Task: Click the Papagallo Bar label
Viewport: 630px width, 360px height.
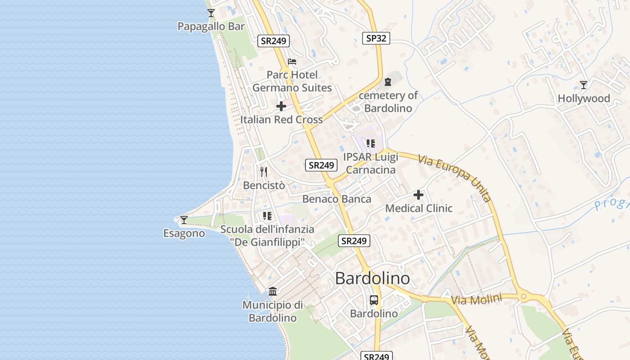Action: point(211,27)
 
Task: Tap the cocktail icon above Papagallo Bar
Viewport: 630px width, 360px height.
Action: point(211,13)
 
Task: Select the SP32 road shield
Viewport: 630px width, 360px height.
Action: point(376,38)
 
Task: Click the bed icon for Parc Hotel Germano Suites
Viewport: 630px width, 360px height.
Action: point(292,62)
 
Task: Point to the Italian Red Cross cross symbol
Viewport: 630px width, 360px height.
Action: point(281,106)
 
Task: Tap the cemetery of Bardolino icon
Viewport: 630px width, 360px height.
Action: point(388,82)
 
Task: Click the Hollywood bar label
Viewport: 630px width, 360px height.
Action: point(584,99)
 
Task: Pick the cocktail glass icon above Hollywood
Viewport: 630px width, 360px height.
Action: point(584,85)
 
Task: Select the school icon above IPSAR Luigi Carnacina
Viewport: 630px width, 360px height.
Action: point(370,144)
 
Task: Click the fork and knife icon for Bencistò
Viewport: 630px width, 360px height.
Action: point(264,171)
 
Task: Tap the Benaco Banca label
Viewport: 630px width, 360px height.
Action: point(337,199)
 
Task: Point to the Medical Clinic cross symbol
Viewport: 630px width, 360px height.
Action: point(418,195)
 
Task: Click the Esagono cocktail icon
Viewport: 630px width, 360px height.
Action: point(184,220)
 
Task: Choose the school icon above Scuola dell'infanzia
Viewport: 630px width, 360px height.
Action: point(267,216)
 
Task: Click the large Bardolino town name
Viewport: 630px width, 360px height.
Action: point(373,279)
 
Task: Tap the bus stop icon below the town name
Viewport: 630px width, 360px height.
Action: point(374,300)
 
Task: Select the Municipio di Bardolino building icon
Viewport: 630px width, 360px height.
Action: point(273,291)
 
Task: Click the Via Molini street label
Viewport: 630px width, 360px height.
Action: point(476,300)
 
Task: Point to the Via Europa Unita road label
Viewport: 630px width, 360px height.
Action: point(454,178)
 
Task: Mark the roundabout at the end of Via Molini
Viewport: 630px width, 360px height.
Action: point(523,297)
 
